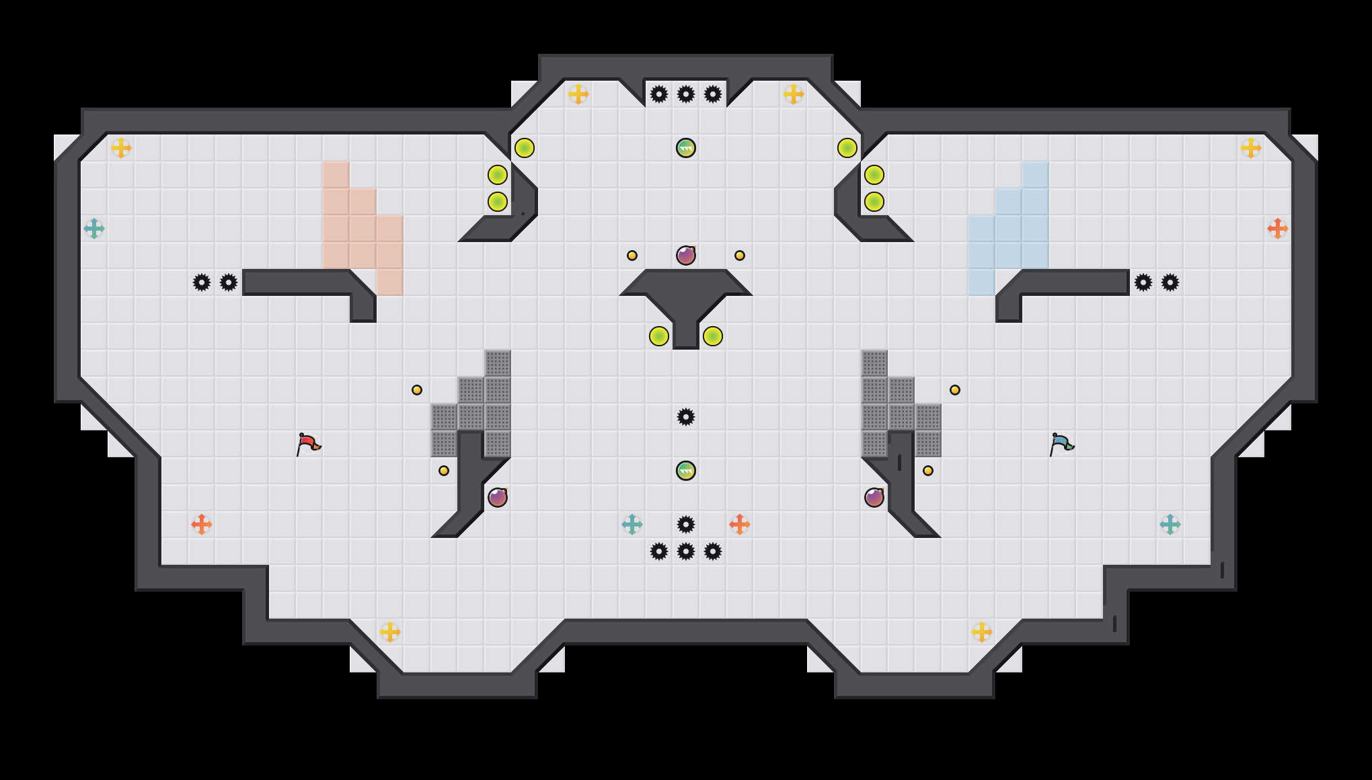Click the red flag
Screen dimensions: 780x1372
tap(308, 443)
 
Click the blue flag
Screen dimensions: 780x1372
tap(1061, 443)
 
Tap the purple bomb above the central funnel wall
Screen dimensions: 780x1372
tap(686, 256)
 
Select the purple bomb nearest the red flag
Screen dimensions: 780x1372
tap(498, 498)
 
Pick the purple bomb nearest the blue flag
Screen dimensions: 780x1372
tap(874, 498)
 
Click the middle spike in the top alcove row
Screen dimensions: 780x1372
tap(686, 94)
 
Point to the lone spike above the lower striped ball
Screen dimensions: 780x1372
tap(686, 417)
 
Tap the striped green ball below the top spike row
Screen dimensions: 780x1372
tap(686, 148)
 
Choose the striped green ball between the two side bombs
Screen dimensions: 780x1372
tap(686, 471)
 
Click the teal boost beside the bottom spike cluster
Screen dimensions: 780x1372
tap(632, 524)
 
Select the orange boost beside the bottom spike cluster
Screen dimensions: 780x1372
tap(740, 524)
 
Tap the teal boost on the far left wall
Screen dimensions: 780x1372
tap(94, 229)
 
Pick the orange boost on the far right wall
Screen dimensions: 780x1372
tap(1278, 229)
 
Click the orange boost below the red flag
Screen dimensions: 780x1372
tap(202, 524)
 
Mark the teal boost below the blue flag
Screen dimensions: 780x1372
tap(1170, 524)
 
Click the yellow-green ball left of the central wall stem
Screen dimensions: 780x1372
tap(659, 336)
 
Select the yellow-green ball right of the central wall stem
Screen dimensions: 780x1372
tap(713, 336)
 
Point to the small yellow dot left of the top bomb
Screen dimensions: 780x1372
tap(632, 256)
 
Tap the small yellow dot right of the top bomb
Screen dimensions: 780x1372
tap(740, 256)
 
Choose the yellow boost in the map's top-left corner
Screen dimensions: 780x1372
tap(121, 148)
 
